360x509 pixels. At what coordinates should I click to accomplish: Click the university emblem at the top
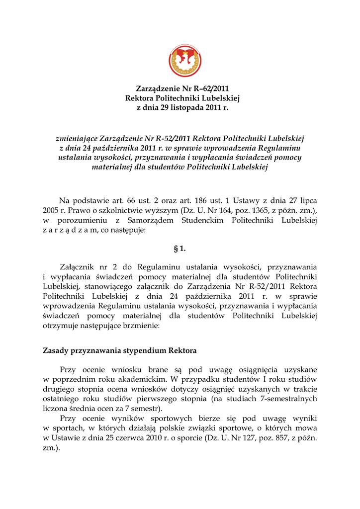(x=184, y=61)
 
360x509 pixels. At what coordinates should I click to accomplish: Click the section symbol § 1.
(x=180, y=249)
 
